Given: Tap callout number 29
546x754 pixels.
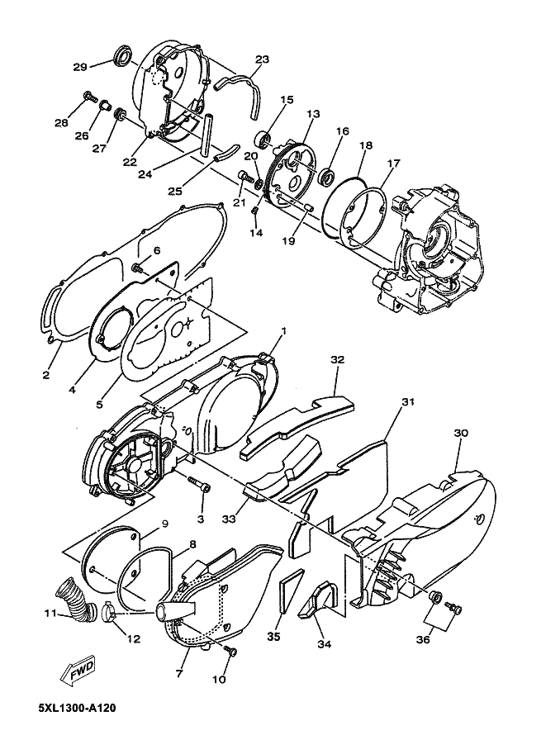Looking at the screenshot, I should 80,67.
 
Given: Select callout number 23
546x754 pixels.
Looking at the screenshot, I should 262,59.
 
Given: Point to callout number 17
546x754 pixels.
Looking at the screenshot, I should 393,163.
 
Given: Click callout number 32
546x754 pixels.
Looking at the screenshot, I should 337,360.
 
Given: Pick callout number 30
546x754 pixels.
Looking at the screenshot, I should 461,433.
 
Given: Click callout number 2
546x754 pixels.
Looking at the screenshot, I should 45,374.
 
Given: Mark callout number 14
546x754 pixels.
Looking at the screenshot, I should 256,234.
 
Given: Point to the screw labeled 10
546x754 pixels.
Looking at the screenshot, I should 231,652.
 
